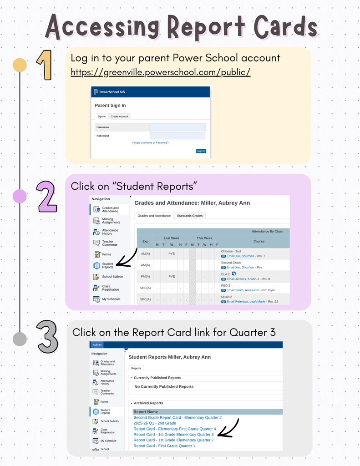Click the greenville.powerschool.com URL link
coord(161,73)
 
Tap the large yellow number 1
coord(44,65)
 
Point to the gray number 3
coord(47,337)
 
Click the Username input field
coord(177,127)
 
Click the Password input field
coord(177,136)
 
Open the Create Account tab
coord(120,116)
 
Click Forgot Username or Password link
coord(150,142)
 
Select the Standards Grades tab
coord(190,216)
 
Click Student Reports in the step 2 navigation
coord(107,265)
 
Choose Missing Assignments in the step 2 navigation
coord(111,221)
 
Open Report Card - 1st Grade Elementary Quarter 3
coord(173,435)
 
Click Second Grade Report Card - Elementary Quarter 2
coord(177,418)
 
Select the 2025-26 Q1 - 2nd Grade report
coord(155,423)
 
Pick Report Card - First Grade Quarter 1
coord(164,446)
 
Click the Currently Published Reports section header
coord(157,378)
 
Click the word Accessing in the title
coord(103,27)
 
